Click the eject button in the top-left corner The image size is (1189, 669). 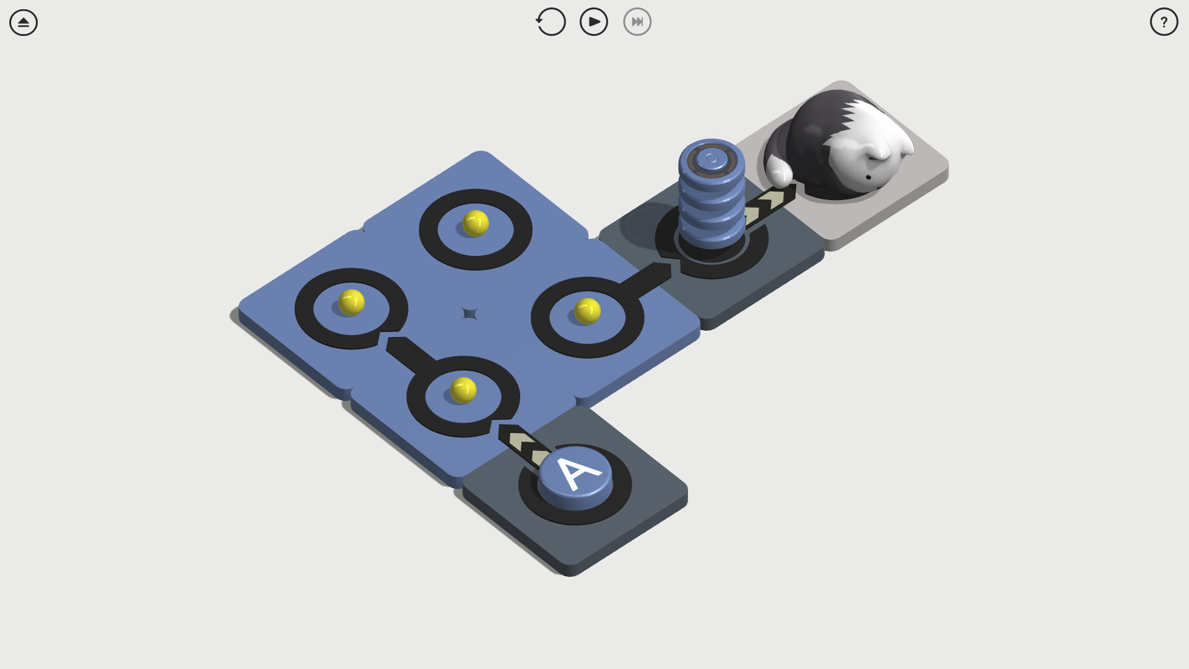[x=24, y=22]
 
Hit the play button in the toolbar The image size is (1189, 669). [x=593, y=22]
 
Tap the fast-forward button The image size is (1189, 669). [x=637, y=22]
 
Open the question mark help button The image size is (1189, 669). [x=1164, y=22]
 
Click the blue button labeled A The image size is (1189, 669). [x=575, y=478]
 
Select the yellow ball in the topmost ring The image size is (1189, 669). [x=476, y=223]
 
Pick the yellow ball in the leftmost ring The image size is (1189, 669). [x=351, y=302]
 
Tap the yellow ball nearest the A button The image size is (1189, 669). [x=463, y=390]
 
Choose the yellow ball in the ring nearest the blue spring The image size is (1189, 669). [x=587, y=311]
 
